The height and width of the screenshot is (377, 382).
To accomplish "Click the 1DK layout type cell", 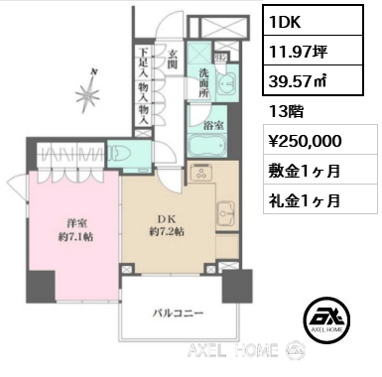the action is pos(313,20).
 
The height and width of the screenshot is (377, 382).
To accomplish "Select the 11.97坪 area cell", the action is pos(313,51).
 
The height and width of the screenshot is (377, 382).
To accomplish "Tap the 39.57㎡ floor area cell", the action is pos(313,80).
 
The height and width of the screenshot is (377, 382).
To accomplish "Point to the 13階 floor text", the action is pos(286,111).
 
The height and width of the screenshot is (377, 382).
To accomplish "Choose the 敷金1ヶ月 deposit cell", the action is pos(320,170).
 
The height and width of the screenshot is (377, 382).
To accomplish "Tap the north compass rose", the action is pos(88,94).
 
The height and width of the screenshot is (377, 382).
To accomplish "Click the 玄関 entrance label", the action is pos(173,60).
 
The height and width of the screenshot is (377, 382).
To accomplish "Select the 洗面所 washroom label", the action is pos(203,82).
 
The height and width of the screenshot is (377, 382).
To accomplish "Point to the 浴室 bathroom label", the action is pos(213,125).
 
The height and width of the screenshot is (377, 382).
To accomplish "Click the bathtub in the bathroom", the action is pos(207,146).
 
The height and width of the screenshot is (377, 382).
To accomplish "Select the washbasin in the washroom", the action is pos(226,82).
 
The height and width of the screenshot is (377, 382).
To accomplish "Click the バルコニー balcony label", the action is pos(178,313).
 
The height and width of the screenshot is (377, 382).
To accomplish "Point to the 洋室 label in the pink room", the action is pos(77,223).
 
